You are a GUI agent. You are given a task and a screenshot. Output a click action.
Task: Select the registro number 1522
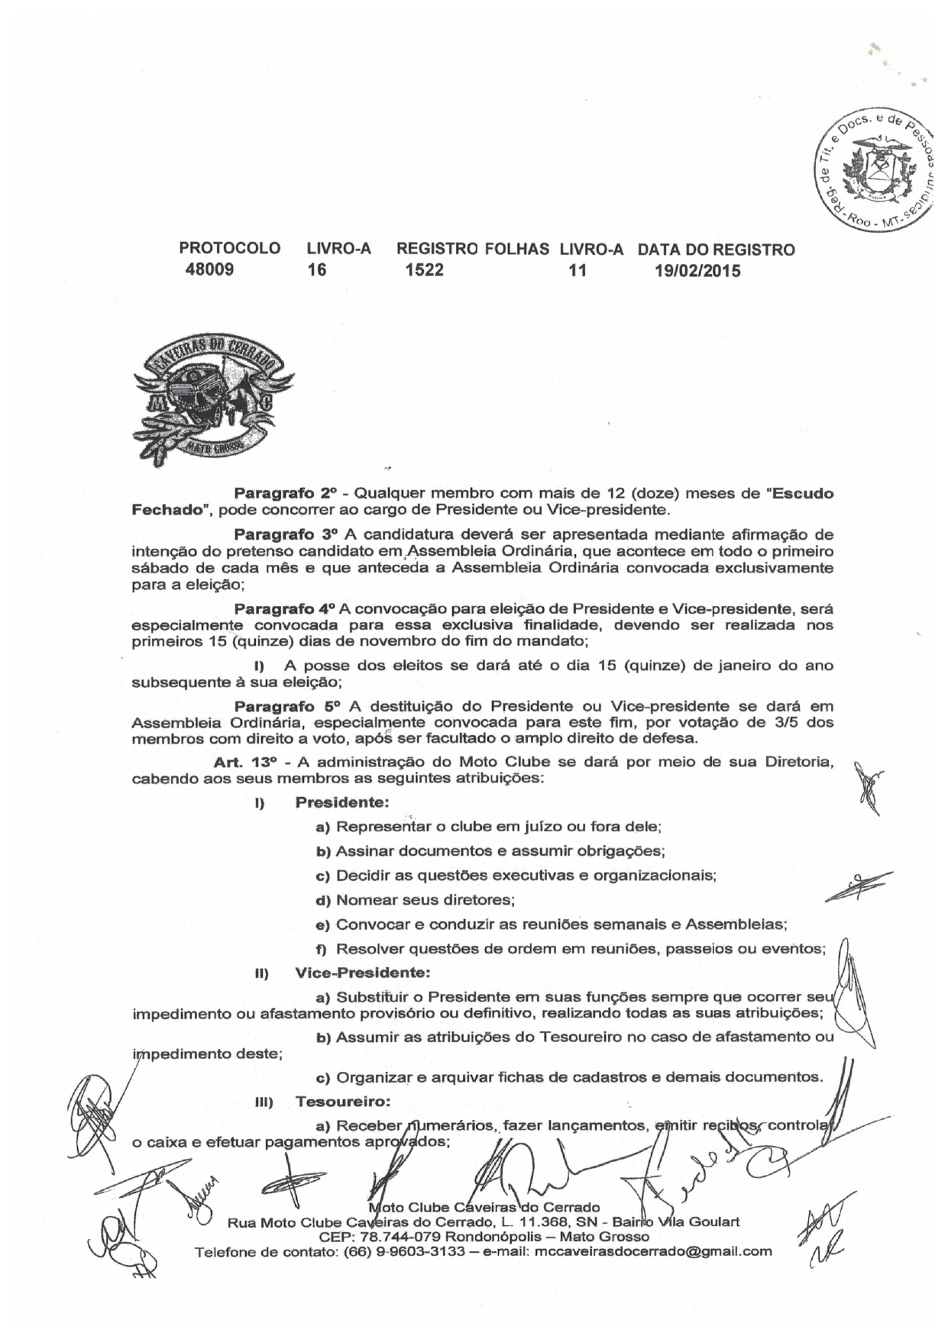[x=425, y=269]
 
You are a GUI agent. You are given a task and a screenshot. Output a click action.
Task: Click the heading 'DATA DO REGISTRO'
[x=716, y=250]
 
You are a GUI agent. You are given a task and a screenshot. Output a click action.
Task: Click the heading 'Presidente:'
[x=342, y=802]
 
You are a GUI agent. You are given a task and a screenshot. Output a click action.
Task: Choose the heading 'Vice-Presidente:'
[x=362, y=973]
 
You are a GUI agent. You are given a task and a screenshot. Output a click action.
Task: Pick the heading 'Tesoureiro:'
[x=343, y=1102]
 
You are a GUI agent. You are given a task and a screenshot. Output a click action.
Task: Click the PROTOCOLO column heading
[x=229, y=250]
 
